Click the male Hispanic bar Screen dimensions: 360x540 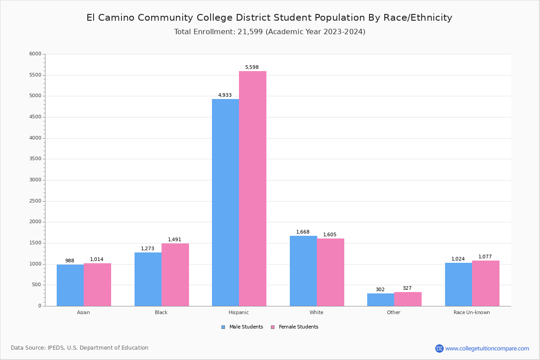pyautogui.click(x=225, y=202)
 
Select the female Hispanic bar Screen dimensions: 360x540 pyautogui.click(x=252, y=189)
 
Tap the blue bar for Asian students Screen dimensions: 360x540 pyautogui.click(x=70, y=285)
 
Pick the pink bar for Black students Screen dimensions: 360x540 pyautogui.click(x=175, y=274)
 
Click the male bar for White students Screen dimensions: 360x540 pyautogui.click(x=303, y=271)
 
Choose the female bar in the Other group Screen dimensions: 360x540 pyautogui.click(x=408, y=299)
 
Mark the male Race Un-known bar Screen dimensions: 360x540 pyautogui.click(x=459, y=284)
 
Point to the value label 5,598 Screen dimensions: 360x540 pyautogui.click(x=252, y=67)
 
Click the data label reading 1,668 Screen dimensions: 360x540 pyautogui.click(x=303, y=232)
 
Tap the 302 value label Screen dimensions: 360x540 pyautogui.click(x=380, y=290)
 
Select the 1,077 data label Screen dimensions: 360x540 pyautogui.click(x=485, y=257)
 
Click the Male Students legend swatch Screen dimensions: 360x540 pyautogui.click(x=223, y=327)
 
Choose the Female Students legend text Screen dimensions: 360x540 pyautogui.click(x=298, y=327)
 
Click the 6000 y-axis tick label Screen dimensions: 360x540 pyautogui.click(x=35, y=54)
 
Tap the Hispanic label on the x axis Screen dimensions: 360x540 pyautogui.click(x=238, y=312)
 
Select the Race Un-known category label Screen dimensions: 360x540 pyautogui.click(x=472, y=312)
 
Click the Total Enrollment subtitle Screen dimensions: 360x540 pyautogui.click(x=270, y=32)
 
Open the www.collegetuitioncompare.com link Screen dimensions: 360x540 pyautogui.click(x=487, y=348)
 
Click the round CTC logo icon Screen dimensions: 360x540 pyautogui.click(x=439, y=348)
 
